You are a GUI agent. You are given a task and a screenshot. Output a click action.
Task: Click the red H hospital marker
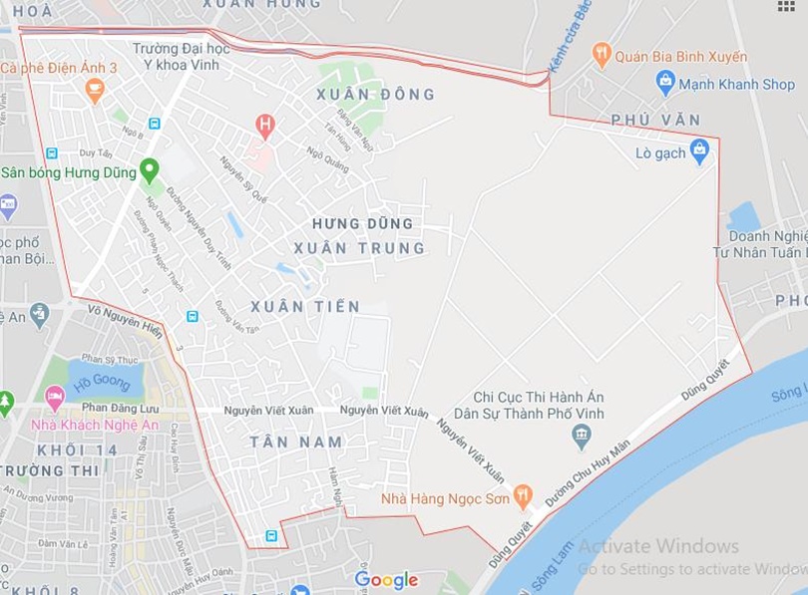(264, 125)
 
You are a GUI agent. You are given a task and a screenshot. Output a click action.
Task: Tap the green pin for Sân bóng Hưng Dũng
(150, 170)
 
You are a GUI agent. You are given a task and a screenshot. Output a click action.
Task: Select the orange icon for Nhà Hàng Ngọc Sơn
(523, 495)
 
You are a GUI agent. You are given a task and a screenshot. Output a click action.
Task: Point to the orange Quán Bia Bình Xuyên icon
(602, 54)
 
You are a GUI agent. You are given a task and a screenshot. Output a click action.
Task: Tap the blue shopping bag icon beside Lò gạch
(699, 150)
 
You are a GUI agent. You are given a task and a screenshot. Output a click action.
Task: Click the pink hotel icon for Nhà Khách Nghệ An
(55, 397)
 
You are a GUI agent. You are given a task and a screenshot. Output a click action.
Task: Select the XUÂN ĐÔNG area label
(375, 95)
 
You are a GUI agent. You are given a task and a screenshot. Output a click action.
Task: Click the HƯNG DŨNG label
(362, 224)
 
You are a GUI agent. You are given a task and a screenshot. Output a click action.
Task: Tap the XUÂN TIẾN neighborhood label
(305, 307)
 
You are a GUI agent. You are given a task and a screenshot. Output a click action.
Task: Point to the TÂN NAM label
(296, 442)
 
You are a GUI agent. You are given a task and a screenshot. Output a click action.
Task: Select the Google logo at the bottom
(386, 580)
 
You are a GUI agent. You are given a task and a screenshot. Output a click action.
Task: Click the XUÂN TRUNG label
(359, 248)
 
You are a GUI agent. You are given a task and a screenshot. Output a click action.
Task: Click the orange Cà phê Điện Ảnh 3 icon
(95, 90)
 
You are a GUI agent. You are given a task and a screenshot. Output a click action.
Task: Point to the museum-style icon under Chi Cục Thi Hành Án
(582, 436)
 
